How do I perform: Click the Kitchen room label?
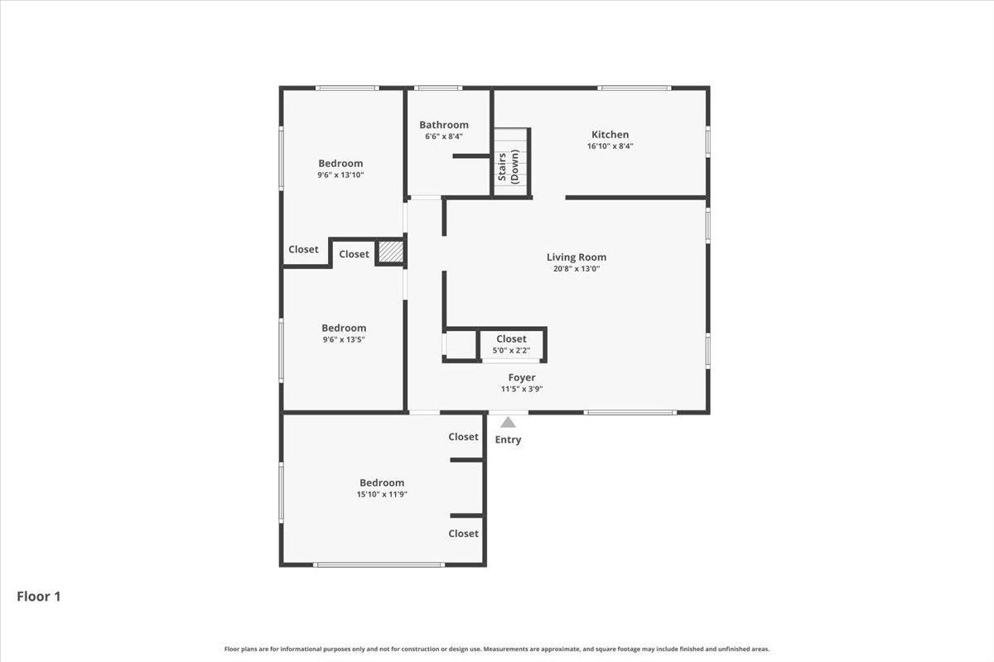[610, 134]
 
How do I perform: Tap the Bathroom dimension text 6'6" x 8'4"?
[444, 137]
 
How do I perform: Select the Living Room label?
[577, 257]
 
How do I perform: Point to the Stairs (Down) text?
[509, 166]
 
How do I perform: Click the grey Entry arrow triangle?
[508, 422]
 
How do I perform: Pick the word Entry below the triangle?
[508, 440]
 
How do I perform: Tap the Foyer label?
[522, 378]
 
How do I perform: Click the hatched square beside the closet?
[391, 253]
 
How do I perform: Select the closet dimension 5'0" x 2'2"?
[511, 351]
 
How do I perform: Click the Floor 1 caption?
[39, 597]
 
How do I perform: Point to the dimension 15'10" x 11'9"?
[382, 494]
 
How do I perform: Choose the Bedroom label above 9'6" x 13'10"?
[340, 164]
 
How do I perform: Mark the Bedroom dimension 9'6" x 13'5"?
[344, 339]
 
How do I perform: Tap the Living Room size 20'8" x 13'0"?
[577, 269]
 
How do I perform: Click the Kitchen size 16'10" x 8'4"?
[610, 146]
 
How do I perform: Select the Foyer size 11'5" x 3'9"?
[522, 389]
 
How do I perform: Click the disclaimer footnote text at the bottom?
[497, 649]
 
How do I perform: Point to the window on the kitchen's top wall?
[635, 89]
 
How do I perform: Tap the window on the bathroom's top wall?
[438, 89]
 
